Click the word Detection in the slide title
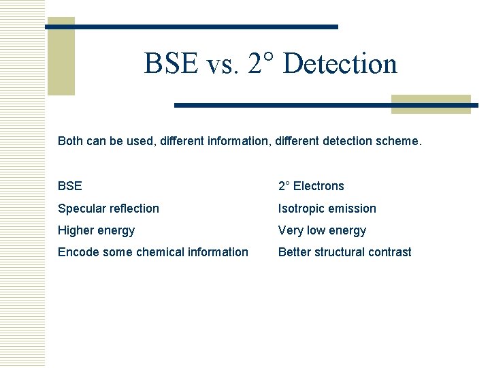pyautogui.click(x=340, y=64)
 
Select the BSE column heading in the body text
pyautogui.click(x=69, y=186)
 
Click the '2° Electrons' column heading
pyautogui.click(x=311, y=186)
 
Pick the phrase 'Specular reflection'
pyautogui.click(x=108, y=209)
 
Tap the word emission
pyautogui.click(x=353, y=209)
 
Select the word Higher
pyautogui.click(x=77, y=230)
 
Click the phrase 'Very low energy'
pyautogui.click(x=322, y=230)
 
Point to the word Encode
pyautogui.click(x=78, y=252)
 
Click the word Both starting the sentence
pyautogui.click(x=70, y=142)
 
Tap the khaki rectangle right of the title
pyautogui.click(x=431, y=104)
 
